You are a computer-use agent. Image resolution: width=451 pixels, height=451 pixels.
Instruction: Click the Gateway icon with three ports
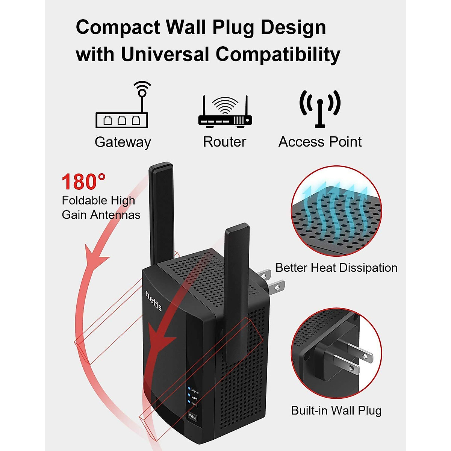122,104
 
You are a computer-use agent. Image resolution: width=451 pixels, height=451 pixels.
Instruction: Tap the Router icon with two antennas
225,111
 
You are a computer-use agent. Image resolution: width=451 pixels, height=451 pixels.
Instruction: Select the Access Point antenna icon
320,109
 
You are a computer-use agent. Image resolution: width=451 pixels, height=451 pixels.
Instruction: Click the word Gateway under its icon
123,142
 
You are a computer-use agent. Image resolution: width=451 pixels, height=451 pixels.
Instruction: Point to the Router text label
225,142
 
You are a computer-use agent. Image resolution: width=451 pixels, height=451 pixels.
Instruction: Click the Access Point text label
320,142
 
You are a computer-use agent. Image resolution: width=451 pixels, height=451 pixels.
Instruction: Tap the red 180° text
83,182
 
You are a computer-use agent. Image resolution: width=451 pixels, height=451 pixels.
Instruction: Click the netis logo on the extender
153,301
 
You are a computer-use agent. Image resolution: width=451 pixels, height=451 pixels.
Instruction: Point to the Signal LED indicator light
189,388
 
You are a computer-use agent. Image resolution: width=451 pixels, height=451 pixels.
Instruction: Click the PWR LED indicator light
189,402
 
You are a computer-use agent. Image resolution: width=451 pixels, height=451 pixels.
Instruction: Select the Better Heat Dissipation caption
336,268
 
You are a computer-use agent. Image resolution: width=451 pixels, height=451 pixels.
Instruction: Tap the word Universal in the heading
165,54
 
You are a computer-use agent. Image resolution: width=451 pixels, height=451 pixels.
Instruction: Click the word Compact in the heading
118,27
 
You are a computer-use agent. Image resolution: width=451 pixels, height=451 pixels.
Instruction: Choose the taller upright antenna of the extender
162,213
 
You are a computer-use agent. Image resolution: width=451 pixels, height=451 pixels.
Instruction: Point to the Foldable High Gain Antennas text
101,207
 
